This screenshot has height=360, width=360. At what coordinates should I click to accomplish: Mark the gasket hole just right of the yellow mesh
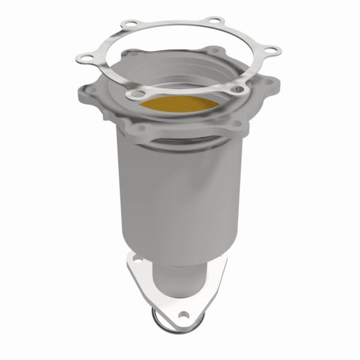235,91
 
